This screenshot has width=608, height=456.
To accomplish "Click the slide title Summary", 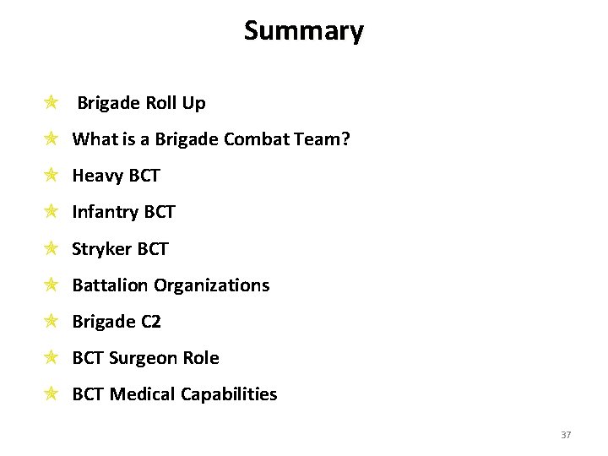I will [x=304, y=31].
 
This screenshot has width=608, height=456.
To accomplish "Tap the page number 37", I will [x=566, y=435].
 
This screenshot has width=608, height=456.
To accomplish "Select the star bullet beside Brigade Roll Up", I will [x=51, y=103].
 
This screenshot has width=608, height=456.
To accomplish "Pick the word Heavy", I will [x=97, y=176].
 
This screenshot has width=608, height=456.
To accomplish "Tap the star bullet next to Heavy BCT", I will [x=51, y=176].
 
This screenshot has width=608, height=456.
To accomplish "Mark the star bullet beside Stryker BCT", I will [x=51, y=248].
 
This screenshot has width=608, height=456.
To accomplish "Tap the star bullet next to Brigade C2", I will [x=51, y=321].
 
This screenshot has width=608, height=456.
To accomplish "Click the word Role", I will [x=202, y=358].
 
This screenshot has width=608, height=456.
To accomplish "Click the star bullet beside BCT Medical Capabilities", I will [x=51, y=394].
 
